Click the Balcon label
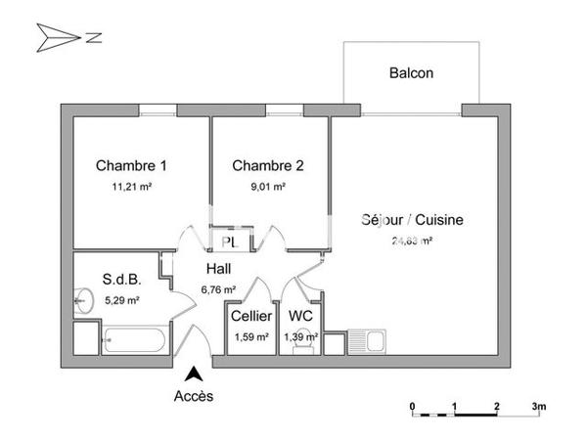pos(411,72)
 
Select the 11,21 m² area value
pos(131,186)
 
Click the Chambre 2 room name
pos(267,165)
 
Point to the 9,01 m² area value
pos(267,186)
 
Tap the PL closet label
pos(229,242)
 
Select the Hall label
pos(219,268)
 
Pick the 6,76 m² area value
pos(219,288)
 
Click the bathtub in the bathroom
pos(135,342)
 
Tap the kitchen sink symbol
pos(375,343)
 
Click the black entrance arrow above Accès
pos(194,374)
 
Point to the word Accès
pos(194,396)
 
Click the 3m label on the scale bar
pos(538,404)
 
